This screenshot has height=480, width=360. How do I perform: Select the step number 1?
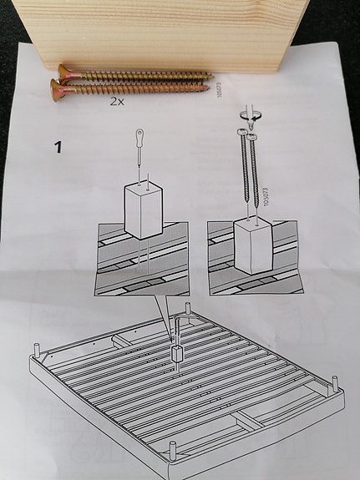pos(58,148)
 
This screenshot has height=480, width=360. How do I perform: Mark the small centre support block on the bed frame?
pos(176,354)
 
